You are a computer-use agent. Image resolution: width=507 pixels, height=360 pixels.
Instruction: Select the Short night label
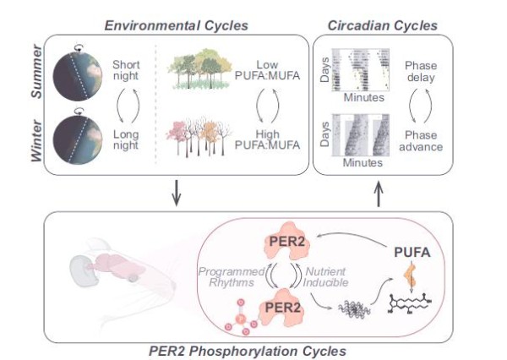[129, 70]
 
